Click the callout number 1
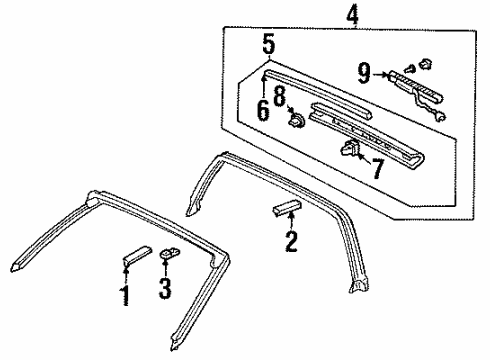[125, 295]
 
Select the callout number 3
[165, 288]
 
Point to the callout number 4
[353, 16]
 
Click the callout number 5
[269, 45]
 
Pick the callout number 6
[263, 110]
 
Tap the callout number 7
[377, 169]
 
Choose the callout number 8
[280, 96]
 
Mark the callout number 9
[364, 74]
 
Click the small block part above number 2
[287, 208]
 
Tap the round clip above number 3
[170, 253]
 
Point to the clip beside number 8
[297, 119]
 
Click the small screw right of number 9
[410, 69]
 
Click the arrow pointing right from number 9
[380, 75]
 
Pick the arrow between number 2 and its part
[291, 221]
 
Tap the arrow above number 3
[165, 267]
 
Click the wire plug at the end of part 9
[440, 117]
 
